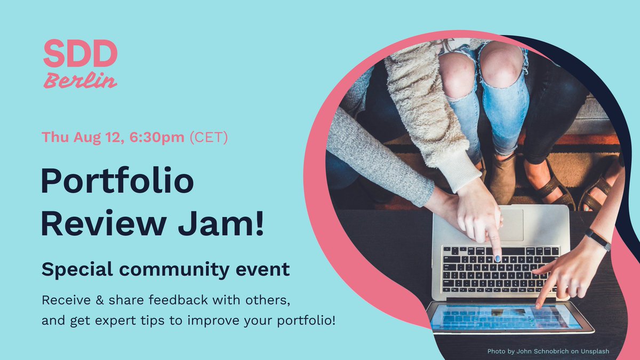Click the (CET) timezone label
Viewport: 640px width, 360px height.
[x=209, y=137]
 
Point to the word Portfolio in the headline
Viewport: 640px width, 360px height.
[x=117, y=182]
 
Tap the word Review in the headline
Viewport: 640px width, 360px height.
[x=104, y=224]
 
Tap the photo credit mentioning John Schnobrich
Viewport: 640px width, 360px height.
[x=548, y=351]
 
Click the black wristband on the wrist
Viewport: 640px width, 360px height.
[x=598, y=239]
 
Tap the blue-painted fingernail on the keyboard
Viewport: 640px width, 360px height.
[x=498, y=259]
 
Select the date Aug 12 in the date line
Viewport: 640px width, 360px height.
[x=99, y=137]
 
